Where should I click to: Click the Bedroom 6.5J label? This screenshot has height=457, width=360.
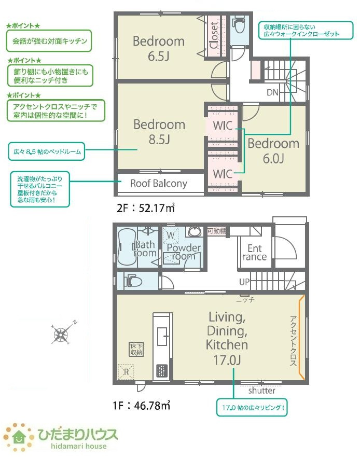pos(159,48)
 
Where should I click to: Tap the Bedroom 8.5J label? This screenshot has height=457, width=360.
pos(159,132)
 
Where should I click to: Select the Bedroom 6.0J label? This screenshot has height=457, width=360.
pos(273,150)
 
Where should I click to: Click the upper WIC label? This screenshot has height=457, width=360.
pos(222,126)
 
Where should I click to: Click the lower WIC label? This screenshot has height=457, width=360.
pos(222,172)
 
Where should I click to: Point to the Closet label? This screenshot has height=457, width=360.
pos(214,35)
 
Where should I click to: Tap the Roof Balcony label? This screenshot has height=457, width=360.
pos(158,183)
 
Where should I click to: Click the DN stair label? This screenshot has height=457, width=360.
pos(273,93)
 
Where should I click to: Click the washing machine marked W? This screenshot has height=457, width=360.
pos(170,235)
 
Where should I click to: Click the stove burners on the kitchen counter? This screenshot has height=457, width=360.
pos(162,371)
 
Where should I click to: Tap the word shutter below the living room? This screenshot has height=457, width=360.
pos(261,391)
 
